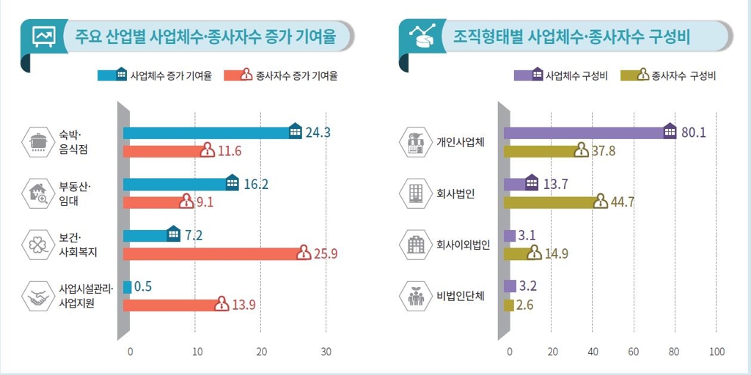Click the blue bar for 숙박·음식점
[209, 133]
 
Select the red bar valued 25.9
[213, 253]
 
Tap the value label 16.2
[256, 184]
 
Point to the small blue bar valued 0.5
[127, 287]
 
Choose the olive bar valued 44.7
[550, 202]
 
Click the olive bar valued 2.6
[508, 305]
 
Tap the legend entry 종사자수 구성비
[669, 75]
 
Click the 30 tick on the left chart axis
[327, 352]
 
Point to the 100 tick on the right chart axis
[717, 352]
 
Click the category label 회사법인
[455, 193]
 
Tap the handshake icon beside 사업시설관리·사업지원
[38, 297]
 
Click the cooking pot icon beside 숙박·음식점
[38, 141]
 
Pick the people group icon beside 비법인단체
[416, 297]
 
